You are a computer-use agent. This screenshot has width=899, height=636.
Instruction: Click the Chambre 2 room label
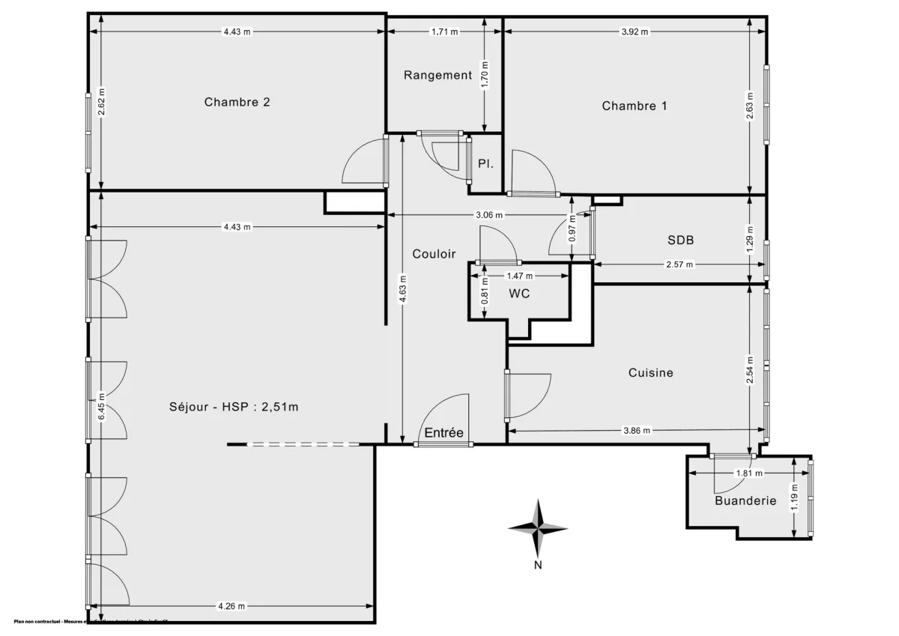(237, 103)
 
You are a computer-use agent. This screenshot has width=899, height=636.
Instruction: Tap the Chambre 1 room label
(635, 106)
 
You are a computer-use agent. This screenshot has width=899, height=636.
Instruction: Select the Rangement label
(438, 75)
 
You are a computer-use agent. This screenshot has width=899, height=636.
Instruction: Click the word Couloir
(434, 254)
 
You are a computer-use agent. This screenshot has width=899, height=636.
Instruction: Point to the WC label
(519, 294)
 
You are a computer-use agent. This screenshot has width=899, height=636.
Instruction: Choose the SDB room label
(680, 240)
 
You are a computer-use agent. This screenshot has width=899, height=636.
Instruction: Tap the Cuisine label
(650, 372)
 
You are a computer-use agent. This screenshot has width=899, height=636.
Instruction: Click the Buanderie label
(745, 501)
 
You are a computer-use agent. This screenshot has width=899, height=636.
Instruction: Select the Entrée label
(444, 433)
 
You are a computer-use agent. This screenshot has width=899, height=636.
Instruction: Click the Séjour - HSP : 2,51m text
(234, 407)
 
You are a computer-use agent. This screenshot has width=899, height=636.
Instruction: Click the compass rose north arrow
(538, 527)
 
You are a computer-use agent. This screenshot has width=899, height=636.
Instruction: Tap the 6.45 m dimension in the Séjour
(100, 407)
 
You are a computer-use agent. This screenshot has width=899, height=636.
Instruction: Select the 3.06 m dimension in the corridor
(489, 215)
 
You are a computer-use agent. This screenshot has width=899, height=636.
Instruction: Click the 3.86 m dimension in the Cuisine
(637, 430)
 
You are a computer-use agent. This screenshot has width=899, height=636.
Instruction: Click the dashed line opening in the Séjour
(303, 445)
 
